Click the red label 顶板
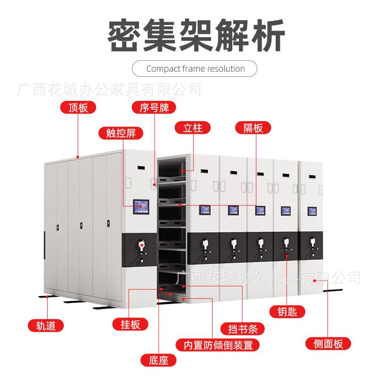[x=78, y=107]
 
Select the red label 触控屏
[x=121, y=133]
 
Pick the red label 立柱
[x=193, y=128]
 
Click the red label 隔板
[x=254, y=128]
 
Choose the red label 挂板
[x=131, y=324]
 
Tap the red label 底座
[x=158, y=361]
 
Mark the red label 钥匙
[x=287, y=311]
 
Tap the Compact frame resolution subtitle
[x=195, y=69]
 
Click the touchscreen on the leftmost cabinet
[x=141, y=206]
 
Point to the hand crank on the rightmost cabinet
[x=312, y=245]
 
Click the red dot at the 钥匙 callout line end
[x=287, y=256]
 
